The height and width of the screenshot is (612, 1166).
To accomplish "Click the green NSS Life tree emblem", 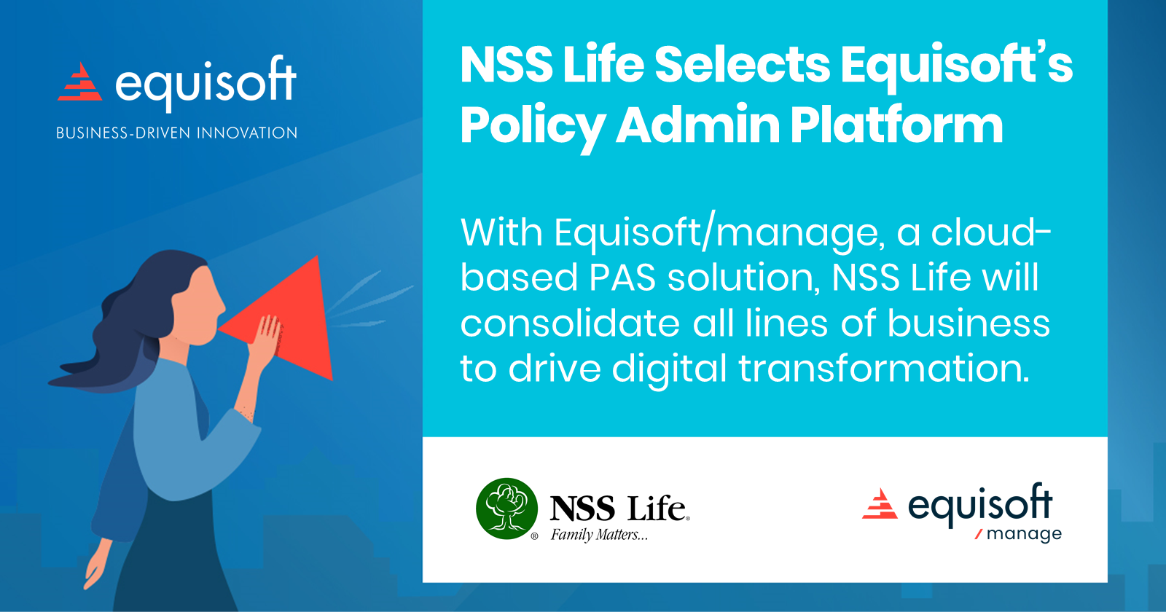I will tap(506, 509).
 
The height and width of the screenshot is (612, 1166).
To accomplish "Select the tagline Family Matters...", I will tap(598, 535).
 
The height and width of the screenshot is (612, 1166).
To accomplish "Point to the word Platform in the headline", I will tap(896, 125).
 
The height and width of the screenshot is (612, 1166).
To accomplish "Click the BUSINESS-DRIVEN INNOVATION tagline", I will tap(177, 133).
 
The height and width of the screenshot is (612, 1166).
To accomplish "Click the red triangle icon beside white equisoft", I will tap(80, 82).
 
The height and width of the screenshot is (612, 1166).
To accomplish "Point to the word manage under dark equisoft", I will tap(1023, 535).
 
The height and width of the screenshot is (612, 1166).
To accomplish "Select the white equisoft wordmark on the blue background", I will tap(206, 83).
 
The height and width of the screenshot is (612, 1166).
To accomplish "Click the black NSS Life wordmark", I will tap(618, 509).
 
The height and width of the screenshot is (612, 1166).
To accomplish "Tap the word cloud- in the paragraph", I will tap(991, 233).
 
